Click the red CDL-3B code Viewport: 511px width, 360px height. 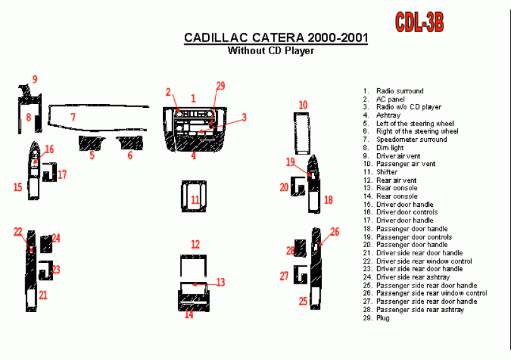[x=420, y=22]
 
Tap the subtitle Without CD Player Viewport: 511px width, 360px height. [x=271, y=51]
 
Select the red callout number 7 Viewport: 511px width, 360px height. [x=73, y=117]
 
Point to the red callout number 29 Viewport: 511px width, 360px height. [x=221, y=86]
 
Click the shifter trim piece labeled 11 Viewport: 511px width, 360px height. [x=194, y=197]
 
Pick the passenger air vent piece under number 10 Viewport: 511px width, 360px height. [x=302, y=133]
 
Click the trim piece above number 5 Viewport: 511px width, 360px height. [x=92, y=143]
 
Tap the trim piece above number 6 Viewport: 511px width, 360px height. [x=130, y=142]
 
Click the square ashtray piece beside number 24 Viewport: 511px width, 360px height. [x=46, y=244]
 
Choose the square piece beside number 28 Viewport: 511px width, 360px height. [x=300, y=248]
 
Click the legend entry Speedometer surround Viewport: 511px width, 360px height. [x=411, y=139]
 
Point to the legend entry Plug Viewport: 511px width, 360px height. [x=383, y=318]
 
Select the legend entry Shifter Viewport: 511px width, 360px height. [x=387, y=172]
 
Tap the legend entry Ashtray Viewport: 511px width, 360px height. [x=388, y=115]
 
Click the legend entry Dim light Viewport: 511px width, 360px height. [x=390, y=148]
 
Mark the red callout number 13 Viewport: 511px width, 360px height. [x=221, y=282]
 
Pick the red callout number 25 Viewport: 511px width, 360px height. [x=303, y=301]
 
